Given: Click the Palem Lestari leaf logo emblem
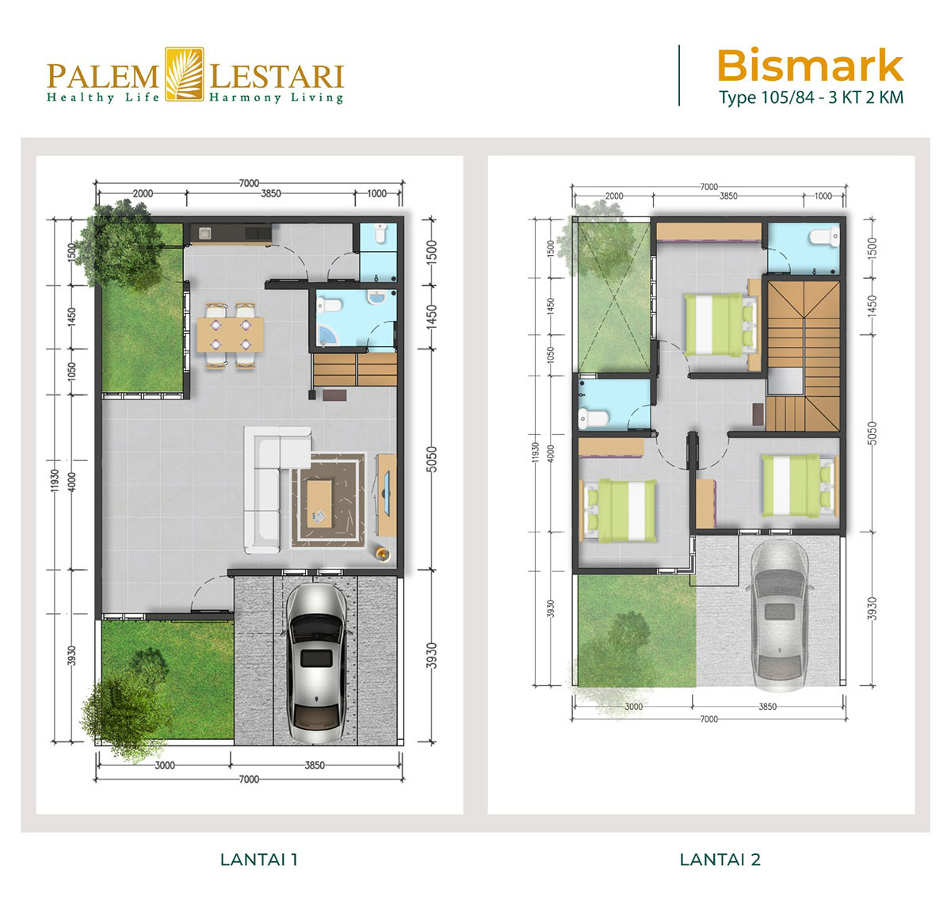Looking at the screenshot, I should tap(184, 74).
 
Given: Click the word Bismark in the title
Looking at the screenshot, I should tap(809, 66).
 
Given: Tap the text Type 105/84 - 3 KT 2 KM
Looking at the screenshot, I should tap(811, 98).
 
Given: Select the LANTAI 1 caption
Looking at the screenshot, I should tap(258, 859).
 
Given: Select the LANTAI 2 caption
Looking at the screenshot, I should tap(720, 859).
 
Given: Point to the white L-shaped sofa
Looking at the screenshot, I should tap(269, 483).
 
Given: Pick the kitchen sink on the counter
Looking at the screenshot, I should tap(204, 233).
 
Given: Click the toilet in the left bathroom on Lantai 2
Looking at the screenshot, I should tap(593, 418).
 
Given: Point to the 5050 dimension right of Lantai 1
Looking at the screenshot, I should tap(432, 460).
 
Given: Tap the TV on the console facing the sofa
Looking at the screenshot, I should tap(388, 491).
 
